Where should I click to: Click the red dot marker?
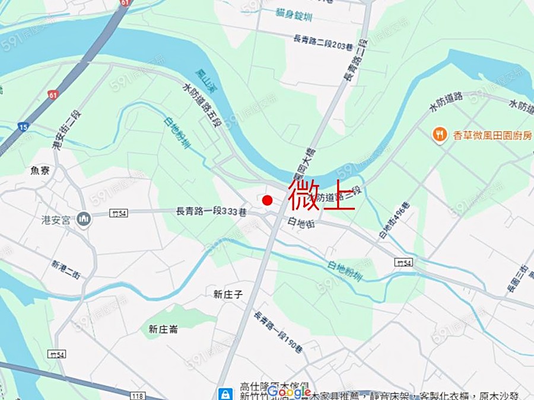pos(267,200)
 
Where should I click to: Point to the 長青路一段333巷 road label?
pos(203,211)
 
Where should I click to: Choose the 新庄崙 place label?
pos(163,329)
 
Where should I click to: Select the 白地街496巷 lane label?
pos(392,222)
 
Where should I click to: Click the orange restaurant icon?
pos(440,135)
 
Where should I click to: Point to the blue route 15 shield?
pos(23,127)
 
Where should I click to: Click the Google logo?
pos(289,392)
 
